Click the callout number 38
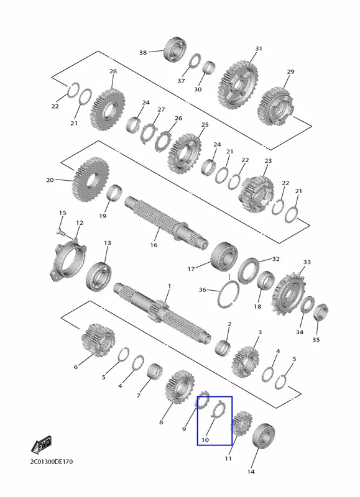point(143,52)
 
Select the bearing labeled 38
point(175,50)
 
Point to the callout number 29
point(290,72)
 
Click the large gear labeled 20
point(91,180)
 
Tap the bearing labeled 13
point(98,275)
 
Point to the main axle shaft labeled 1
point(162,312)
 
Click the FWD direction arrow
point(41,444)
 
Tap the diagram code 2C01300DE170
point(52,462)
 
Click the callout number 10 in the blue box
point(205,440)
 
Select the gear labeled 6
point(98,339)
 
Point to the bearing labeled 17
point(224,257)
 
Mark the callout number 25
point(205,125)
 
